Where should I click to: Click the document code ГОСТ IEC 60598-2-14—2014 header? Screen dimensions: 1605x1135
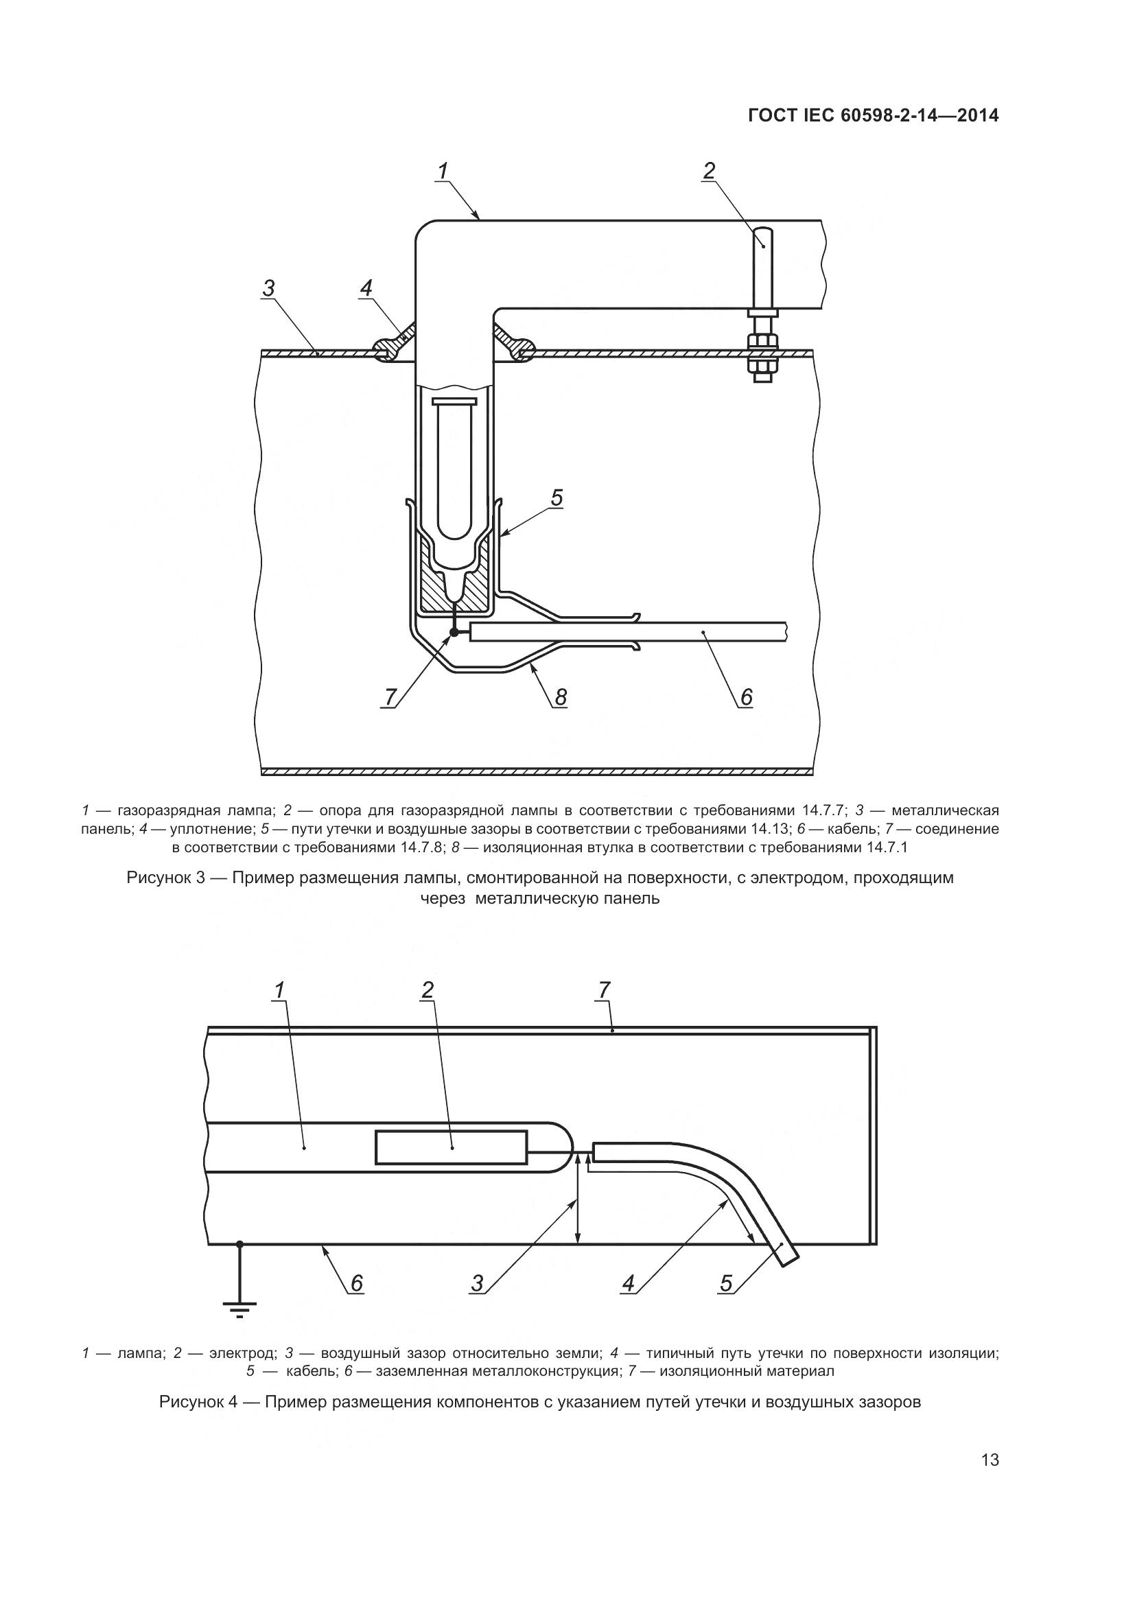click(x=873, y=116)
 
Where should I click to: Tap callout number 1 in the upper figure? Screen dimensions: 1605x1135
click(x=443, y=171)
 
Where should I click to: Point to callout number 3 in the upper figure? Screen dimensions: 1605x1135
click(x=268, y=288)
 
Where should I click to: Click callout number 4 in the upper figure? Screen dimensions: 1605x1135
click(x=366, y=288)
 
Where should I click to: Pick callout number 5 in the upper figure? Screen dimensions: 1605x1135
click(x=557, y=497)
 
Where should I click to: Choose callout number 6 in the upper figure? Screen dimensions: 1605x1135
click(x=746, y=696)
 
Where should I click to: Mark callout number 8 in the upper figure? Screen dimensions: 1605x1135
click(x=561, y=697)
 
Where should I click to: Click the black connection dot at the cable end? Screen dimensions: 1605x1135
click(x=454, y=632)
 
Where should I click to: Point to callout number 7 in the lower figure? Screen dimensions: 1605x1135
click(x=605, y=990)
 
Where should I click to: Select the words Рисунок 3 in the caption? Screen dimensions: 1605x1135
click(x=165, y=878)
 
